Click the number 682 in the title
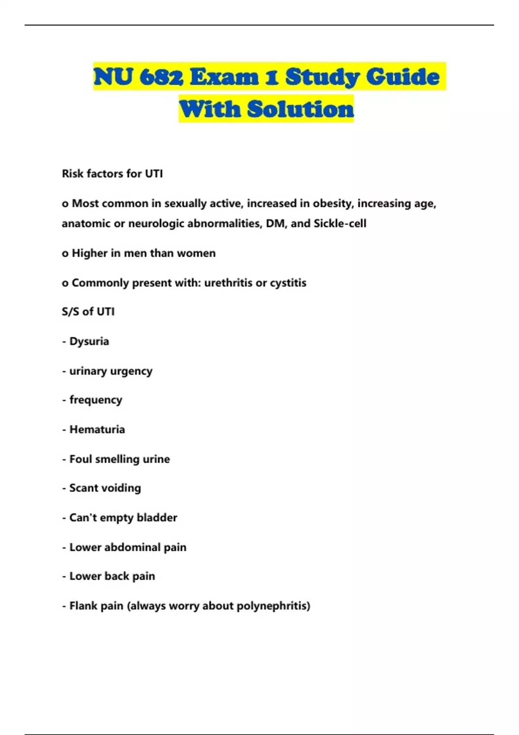tap(162, 77)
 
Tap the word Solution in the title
tap(301, 109)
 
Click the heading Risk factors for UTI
tap(112, 174)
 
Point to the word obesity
tap(332, 203)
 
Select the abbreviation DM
tap(275, 224)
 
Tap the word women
tap(196, 253)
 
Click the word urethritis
tap(228, 283)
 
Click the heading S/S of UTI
tap(88, 312)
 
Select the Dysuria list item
tap(89, 342)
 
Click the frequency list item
tap(96, 400)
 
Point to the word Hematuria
tap(97, 429)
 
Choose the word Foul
tap(81, 459)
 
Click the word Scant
tap(83, 488)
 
